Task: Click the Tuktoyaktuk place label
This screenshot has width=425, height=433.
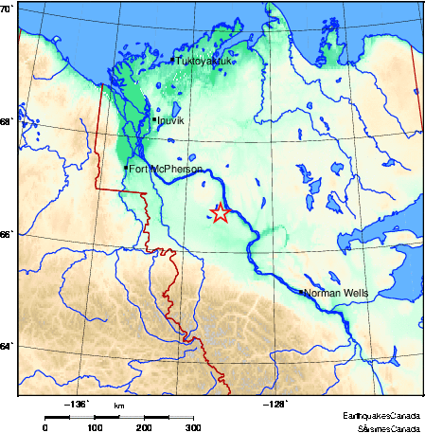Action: pyautogui.click(x=204, y=62)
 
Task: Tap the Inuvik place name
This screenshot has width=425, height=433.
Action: pyautogui.click(x=169, y=121)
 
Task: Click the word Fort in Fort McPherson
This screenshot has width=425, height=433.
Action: pyautogui.click(x=137, y=169)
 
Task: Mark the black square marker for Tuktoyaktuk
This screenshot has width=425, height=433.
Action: pyautogui.click(x=173, y=61)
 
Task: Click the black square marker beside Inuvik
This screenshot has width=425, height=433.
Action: pyautogui.click(x=154, y=119)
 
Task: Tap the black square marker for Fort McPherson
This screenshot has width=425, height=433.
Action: pyautogui.click(x=126, y=168)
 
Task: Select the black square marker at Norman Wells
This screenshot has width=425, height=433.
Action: pyautogui.click(x=302, y=292)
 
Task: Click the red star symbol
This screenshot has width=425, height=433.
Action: pyautogui.click(x=220, y=213)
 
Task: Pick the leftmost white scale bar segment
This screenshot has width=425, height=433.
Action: pyautogui.click(x=81, y=416)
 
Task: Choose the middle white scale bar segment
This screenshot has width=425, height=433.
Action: pyautogui.click(x=132, y=416)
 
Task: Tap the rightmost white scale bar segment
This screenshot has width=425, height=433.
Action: pyautogui.click(x=181, y=416)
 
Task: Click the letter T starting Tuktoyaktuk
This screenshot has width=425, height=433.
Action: pyautogui.click(x=179, y=62)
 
